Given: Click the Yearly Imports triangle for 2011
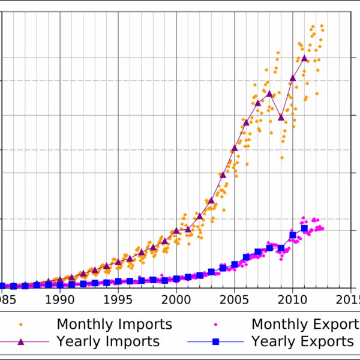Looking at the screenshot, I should point(305,58).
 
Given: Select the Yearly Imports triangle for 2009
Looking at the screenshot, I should point(281,116).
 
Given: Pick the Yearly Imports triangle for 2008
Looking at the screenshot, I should point(269,94).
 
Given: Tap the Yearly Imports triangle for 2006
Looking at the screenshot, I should point(246,122).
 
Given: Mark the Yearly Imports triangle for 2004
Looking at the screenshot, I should point(223,174).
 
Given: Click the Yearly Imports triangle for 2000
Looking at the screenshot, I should point(176,230).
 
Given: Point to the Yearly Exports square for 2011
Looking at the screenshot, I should point(305,228).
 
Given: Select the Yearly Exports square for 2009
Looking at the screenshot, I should point(281,248).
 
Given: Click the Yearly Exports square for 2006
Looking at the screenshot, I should point(246,257).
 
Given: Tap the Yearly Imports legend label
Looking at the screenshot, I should point(108,341).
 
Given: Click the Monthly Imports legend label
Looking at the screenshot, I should point(114,325).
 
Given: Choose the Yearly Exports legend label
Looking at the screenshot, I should point(302,341).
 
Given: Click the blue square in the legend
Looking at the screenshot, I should point(216,341).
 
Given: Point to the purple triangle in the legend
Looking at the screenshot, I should point(21,341).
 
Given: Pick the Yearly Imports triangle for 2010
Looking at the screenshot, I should point(293,77).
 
